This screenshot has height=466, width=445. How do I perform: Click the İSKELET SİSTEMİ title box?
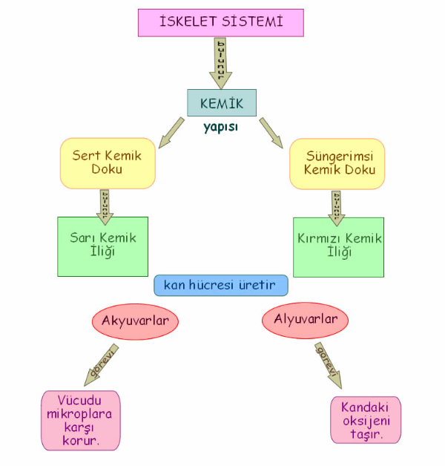[221, 22]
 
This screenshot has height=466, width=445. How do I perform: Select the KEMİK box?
[222, 102]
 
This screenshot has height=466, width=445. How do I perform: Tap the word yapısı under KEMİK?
[221, 127]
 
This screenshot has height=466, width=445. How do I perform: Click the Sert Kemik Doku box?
[108, 163]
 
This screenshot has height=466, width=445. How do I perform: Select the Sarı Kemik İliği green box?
[102, 246]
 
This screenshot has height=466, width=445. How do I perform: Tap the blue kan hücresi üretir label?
[221, 286]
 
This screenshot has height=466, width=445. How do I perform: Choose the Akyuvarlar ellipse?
[136, 321]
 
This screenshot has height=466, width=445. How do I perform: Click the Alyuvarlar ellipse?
[306, 320]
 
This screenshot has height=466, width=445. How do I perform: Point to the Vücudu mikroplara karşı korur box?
[80, 420]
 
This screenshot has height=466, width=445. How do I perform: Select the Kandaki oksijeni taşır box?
[365, 420]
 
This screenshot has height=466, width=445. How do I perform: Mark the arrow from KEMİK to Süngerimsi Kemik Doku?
[271, 131]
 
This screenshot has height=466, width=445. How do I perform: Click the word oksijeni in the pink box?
[365, 421]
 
